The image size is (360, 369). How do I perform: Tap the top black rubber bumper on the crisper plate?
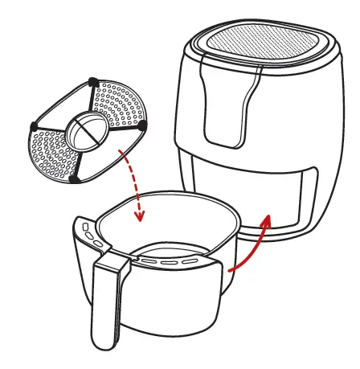[94, 81]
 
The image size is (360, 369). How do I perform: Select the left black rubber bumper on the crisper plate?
[33, 126]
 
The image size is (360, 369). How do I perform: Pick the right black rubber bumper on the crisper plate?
[141, 126]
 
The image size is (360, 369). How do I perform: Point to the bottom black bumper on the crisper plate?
[75, 178]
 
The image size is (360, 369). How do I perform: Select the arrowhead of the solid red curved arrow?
[268, 219]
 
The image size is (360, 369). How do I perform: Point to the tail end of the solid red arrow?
[231, 270]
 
